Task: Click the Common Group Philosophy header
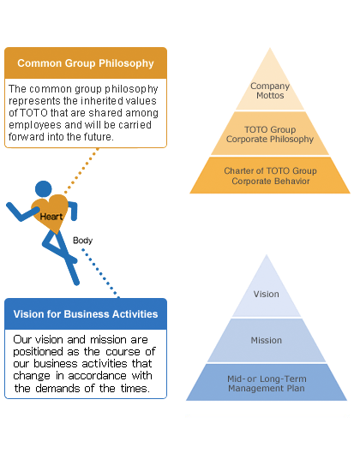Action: [86, 63]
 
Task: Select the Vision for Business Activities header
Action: [86, 314]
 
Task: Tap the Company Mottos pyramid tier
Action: [270, 90]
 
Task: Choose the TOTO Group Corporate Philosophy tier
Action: [270, 134]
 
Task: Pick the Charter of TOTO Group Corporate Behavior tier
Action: [270, 176]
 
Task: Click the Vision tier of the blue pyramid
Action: [267, 294]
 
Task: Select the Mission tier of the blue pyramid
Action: [267, 340]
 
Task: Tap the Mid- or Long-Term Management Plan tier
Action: [267, 383]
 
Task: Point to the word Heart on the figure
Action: [51, 217]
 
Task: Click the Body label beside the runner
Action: [82, 241]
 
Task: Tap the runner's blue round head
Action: [44, 189]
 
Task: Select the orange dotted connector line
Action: [81, 170]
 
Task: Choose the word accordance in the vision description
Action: [97, 376]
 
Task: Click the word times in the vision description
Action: [135, 389]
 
